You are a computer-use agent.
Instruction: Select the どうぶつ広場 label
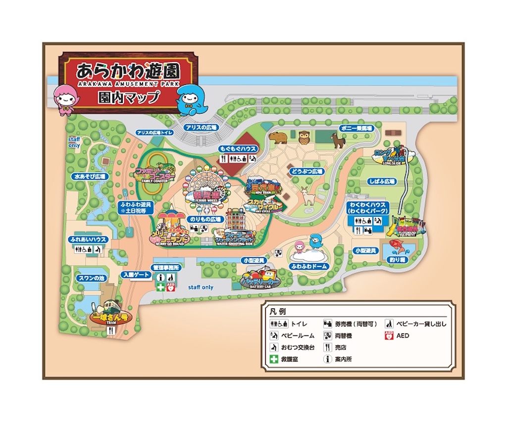tap(307, 172)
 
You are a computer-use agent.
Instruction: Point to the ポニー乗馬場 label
tap(356, 128)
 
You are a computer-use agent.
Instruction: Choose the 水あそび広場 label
tap(90, 176)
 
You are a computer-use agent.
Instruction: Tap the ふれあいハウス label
tap(87, 239)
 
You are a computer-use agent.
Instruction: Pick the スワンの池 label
tap(91, 279)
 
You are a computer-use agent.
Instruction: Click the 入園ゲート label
tap(136, 275)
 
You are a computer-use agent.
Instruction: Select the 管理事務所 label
tap(166, 267)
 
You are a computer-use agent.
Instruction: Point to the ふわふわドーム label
tap(309, 266)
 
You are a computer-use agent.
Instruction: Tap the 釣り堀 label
tap(398, 259)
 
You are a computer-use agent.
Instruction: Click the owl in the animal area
tap(304, 137)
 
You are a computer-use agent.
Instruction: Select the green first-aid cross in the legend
tap(273, 359)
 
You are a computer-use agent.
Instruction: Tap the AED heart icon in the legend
tap(388, 336)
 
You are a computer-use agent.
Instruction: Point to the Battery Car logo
tap(260, 280)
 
